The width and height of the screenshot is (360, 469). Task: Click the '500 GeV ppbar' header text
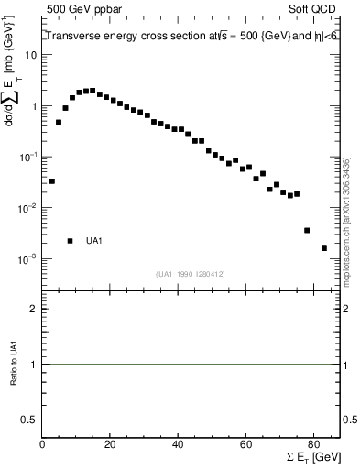pyautogui.click(x=77, y=8)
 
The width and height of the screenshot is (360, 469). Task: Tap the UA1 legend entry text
pyautogui.click(x=95, y=241)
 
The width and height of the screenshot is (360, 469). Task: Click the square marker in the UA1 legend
pyautogui.click(x=71, y=241)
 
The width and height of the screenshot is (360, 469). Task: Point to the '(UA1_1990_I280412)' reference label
pyautogui.click(x=192, y=273)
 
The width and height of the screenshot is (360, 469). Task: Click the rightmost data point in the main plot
pyautogui.click(x=324, y=248)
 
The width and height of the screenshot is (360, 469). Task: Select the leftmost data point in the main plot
pyautogui.click(x=52, y=181)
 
